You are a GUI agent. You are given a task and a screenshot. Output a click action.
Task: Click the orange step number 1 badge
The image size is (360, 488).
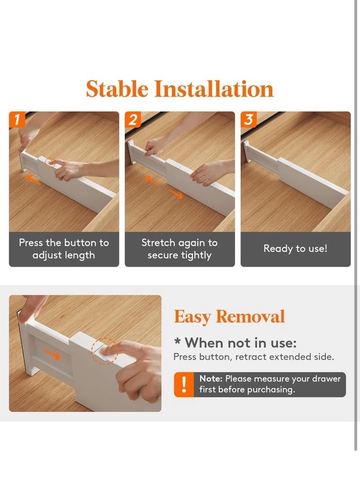click(x=17, y=119)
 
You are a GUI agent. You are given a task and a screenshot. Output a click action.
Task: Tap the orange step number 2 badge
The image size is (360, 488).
click(x=133, y=119)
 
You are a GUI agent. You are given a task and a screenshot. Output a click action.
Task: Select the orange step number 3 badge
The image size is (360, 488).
click(x=249, y=119)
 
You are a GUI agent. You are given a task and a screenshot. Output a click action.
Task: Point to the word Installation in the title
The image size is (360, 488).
click(x=214, y=89)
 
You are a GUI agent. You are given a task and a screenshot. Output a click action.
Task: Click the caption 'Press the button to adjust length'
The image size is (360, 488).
click(x=64, y=249)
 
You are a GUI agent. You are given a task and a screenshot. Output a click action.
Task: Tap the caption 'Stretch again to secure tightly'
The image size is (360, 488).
click(x=179, y=249)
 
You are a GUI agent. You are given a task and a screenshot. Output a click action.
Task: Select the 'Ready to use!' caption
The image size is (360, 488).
click(x=295, y=249)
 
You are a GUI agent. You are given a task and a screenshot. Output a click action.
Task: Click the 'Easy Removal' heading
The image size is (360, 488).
click(x=230, y=317)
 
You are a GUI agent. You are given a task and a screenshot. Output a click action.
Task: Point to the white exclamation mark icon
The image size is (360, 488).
click(x=184, y=385)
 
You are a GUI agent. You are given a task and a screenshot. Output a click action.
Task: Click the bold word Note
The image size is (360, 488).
click(x=211, y=379)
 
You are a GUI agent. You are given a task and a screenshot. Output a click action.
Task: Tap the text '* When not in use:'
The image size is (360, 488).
click(x=235, y=343)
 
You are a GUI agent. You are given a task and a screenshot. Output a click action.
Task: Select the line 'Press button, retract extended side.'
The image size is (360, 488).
click(x=254, y=357)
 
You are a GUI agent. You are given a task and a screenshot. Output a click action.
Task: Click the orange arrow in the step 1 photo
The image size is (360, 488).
click(x=33, y=180)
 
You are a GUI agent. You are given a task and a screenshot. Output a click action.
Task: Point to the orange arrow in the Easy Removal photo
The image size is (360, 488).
click(x=51, y=354)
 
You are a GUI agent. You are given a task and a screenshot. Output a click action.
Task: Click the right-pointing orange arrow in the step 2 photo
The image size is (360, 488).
click(x=175, y=194)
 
